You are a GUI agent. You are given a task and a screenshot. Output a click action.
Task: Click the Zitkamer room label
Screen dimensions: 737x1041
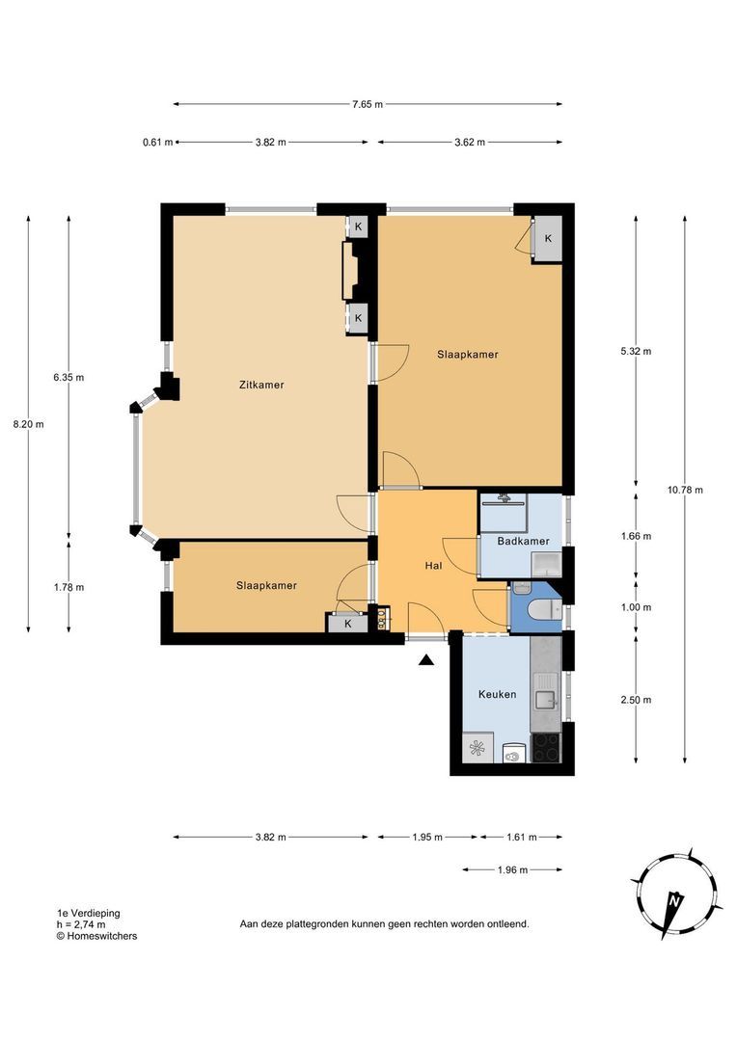click(261, 385)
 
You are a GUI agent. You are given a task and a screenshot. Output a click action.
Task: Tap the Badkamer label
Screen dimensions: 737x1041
click(523, 541)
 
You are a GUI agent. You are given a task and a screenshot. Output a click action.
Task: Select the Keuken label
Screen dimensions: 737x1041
click(497, 694)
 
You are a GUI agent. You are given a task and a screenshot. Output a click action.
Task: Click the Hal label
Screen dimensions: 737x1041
click(433, 566)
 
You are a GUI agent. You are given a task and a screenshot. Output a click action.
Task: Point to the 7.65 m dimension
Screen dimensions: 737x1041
click(368, 104)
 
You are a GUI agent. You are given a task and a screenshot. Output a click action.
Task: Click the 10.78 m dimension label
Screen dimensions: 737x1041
click(685, 490)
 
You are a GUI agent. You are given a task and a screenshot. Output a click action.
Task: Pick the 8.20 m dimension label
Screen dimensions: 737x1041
click(29, 424)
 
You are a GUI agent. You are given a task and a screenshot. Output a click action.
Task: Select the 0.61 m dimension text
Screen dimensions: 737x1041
click(157, 142)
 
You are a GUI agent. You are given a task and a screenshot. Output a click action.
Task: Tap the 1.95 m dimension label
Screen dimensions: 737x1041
click(427, 838)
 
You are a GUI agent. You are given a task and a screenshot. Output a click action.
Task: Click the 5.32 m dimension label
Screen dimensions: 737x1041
click(636, 351)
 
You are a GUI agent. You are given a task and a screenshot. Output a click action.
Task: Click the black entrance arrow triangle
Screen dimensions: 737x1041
click(426, 660)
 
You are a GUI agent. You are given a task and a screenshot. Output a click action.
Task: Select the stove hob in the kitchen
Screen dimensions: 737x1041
click(546, 748)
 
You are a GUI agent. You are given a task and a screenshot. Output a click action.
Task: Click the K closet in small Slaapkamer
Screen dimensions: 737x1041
click(347, 624)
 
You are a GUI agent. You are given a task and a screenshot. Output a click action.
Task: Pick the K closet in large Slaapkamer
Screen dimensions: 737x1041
click(548, 238)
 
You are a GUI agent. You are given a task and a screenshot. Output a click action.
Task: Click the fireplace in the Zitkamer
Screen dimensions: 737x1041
click(350, 271)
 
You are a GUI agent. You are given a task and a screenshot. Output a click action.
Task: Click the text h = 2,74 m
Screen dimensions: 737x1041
click(81, 924)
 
